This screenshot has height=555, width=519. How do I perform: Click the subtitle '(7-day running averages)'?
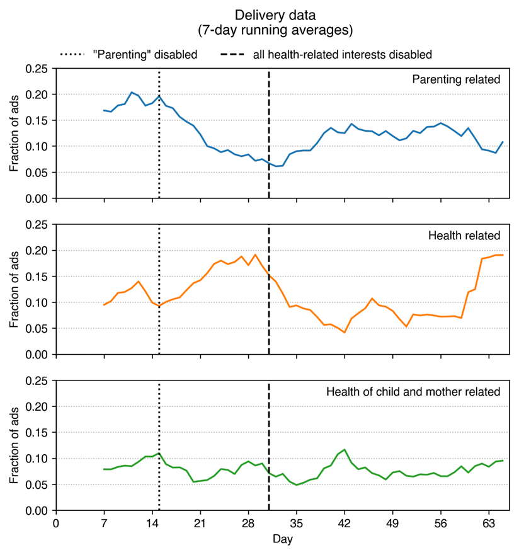[259, 30]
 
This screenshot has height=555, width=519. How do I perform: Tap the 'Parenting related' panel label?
[455, 79]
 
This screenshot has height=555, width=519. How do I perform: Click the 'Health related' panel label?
[464, 236]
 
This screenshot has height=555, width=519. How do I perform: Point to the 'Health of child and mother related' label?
[413, 392]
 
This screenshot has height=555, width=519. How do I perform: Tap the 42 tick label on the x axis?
[344, 524]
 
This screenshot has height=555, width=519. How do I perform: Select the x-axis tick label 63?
[488, 524]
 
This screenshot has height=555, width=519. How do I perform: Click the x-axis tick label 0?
[56, 524]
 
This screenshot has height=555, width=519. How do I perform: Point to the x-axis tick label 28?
[248, 524]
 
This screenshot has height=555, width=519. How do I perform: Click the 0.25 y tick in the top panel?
[37, 69]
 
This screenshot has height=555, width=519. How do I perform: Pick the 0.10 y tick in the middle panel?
[37, 302]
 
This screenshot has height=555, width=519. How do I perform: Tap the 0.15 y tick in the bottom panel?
[37, 433]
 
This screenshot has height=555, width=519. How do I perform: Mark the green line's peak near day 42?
[344, 450]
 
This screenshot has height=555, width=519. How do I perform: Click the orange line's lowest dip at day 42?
[344, 332]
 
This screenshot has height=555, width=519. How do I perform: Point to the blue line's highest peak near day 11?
[132, 93]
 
